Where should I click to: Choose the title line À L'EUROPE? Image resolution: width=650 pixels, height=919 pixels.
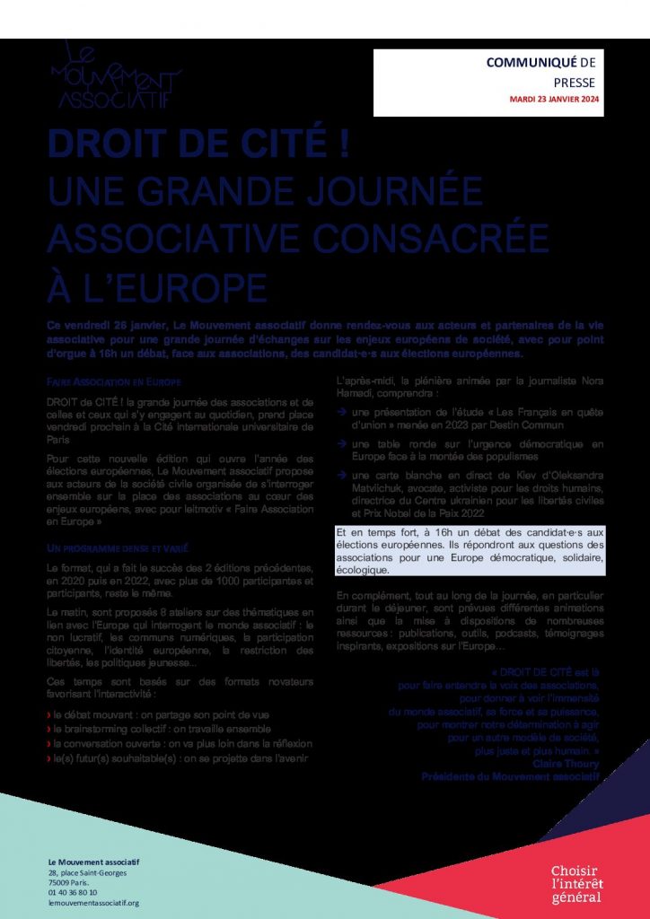click(157, 284)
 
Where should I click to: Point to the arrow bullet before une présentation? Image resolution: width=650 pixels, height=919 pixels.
click(342, 411)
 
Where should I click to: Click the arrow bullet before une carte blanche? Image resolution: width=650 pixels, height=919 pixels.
click(342, 476)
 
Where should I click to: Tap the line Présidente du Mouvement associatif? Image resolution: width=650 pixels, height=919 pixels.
click(510, 776)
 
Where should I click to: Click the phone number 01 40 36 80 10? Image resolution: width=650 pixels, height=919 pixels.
click(73, 892)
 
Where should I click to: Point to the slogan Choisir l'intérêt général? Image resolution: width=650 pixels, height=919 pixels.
click(577, 884)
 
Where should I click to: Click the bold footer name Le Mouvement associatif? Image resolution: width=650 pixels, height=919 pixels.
click(93, 862)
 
